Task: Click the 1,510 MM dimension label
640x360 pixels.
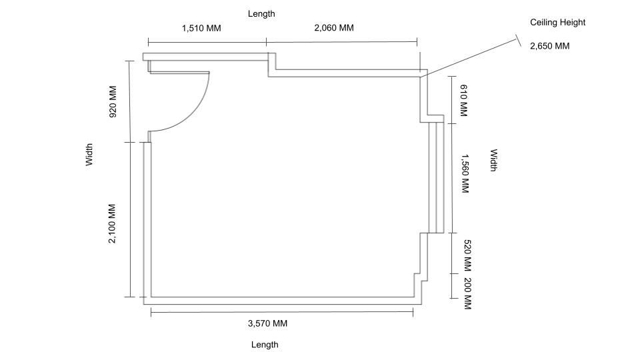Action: coord(201,28)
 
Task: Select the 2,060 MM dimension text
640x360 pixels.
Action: coord(334,28)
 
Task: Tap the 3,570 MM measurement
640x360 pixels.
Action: coord(267,323)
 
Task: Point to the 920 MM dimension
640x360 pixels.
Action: coord(113,101)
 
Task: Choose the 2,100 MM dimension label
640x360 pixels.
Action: coord(112,224)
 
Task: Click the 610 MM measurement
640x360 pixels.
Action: coord(464,101)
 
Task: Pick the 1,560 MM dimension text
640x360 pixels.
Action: coord(465,173)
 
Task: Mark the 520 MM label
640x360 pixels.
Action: coord(468,255)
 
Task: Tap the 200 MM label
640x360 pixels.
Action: coord(468,293)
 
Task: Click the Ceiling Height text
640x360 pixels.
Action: coord(557,23)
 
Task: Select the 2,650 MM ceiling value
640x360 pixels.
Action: coord(549,46)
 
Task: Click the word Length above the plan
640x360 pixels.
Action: coord(261,13)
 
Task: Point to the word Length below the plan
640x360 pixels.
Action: coord(265,345)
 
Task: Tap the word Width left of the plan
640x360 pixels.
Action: coord(89,154)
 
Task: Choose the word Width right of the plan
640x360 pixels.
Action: coord(493,160)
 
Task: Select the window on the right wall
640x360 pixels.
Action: coord(436,177)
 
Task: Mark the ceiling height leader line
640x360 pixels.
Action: coord(469,57)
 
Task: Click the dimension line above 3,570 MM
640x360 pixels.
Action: coord(282,312)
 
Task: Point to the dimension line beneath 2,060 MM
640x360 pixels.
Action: coord(341,41)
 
